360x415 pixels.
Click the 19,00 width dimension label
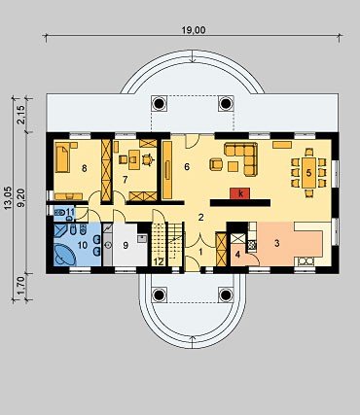click(x=194, y=30)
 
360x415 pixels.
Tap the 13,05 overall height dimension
click(x=8, y=197)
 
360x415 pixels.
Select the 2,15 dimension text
click(x=22, y=116)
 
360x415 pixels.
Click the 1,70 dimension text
click(x=22, y=285)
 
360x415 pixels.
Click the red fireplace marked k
click(x=240, y=193)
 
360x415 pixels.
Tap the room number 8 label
click(x=85, y=168)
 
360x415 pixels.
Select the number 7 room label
click(x=125, y=180)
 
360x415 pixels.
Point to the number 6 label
click(x=187, y=167)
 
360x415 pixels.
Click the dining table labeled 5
click(x=308, y=173)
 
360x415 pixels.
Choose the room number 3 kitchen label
click(x=276, y=243)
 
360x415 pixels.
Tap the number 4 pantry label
click(x=237, y=255)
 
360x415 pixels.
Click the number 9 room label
click(x=126, y=246)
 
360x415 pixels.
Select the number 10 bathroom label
click(x=83, y=245)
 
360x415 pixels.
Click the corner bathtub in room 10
click(x=64, y=254)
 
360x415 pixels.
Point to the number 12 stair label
click(x=159, y=261)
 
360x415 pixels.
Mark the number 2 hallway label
click(x=201, y=218)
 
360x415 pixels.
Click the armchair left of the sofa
click(x=217, y=164)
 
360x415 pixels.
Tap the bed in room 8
click(x=63, y=157)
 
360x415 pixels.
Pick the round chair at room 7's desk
click(x=148, y=159)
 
